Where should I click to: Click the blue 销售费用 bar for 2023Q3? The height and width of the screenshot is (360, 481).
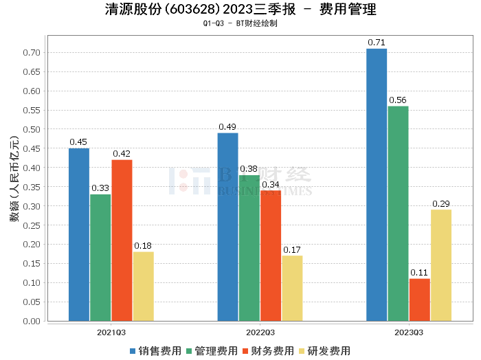coord(377,185)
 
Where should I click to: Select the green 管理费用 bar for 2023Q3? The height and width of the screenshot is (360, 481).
coord(398,214)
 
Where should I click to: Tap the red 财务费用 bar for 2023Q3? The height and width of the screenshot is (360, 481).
coord(419,300)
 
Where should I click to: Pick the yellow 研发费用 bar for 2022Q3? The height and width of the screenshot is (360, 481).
coord(292,288)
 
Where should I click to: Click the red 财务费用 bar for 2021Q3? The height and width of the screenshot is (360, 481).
coord(122,240)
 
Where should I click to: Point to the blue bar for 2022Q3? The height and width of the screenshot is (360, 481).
coord(227,227)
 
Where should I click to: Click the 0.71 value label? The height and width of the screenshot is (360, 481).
coord(377,43)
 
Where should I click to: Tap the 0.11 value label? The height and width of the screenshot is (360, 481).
coord(419,273)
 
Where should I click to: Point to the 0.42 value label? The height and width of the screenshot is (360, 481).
coord(122,153)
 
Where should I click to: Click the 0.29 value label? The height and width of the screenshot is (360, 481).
coord(440,204)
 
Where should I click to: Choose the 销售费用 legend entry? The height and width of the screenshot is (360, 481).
coord(156,351)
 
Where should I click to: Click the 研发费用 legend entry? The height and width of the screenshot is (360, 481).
coord(325,351)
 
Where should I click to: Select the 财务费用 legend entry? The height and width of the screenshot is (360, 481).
coord(269,351)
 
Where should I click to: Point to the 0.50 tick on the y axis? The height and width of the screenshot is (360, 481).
coord(32,129)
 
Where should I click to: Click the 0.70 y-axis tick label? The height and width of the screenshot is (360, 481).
coord(32,52)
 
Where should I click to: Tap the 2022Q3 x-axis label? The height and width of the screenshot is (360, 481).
coord(260,332)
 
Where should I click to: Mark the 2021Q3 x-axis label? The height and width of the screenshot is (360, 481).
coord(111,332)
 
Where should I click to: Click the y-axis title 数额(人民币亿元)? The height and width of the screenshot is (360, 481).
coord(14,186)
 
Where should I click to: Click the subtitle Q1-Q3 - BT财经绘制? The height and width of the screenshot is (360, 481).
coord(240,23)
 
